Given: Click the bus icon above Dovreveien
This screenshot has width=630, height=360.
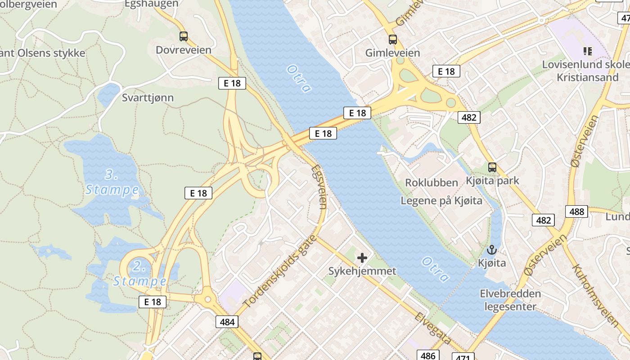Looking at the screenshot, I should point(183,36).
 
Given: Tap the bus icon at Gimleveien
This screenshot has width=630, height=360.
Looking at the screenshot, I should point(393,40).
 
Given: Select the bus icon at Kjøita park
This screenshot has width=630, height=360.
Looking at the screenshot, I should point(492,167).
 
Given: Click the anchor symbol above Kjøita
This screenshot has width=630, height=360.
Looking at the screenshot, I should point(492,250).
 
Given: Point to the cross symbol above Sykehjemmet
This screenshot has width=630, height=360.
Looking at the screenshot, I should point(362,258).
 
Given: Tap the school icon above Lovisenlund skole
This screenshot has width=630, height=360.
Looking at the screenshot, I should point(587,51).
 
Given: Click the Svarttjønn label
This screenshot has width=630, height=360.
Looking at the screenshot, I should point(148,98).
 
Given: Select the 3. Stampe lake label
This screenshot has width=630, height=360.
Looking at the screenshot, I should point(112,182).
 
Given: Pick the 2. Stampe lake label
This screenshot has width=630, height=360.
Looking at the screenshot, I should point(139,274).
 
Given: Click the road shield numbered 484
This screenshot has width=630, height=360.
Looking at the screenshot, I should point(227,322).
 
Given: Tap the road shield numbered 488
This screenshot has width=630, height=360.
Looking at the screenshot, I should point(576,211).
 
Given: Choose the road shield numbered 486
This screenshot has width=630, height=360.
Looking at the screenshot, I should point(427,355).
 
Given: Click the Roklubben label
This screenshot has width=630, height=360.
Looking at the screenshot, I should point(432,183).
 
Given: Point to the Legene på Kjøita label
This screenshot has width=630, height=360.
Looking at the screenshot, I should point(441,201).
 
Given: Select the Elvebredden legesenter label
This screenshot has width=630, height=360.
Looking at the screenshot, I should point(510,300).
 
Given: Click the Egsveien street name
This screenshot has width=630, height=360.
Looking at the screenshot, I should point(319,187).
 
